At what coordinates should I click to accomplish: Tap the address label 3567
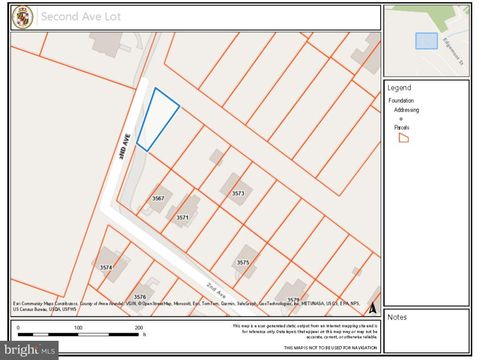coord(158,199)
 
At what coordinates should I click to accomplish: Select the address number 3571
coord(183,216)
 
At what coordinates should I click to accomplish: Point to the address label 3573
coord(238,193)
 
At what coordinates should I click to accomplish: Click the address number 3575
coord(243,262)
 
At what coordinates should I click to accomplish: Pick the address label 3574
coord(106,267)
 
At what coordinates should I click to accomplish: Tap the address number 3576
coord(140,296)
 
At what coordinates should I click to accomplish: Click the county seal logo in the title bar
coord(22,17)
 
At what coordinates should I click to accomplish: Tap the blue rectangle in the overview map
coord(426,41)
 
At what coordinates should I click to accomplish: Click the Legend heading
coord(399,88)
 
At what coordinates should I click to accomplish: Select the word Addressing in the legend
coord(406,109)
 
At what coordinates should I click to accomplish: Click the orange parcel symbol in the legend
coord(404,138)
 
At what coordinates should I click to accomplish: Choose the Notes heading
coord(397,317)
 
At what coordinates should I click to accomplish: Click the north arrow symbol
coord(373,308)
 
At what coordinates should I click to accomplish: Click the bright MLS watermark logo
coord(29,350)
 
